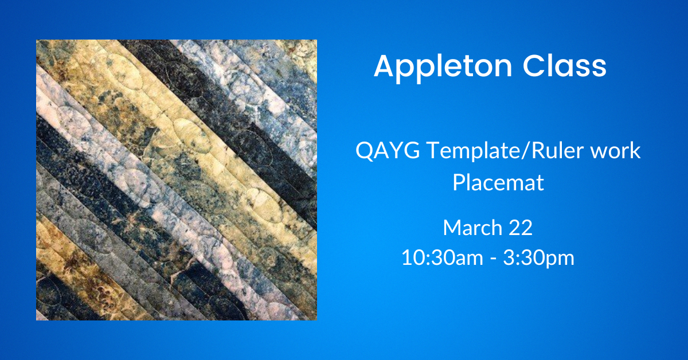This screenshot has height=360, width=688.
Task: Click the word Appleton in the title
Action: (x=443, y=68)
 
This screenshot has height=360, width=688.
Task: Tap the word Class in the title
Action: (x=565, y=66)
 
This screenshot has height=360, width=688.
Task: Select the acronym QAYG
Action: (x=388, y=151)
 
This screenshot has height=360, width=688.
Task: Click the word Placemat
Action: (x=498, y=182)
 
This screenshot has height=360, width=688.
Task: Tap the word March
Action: (x=472, y=228)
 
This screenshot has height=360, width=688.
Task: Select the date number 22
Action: (x=521, y=228)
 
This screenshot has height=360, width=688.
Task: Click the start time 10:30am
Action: (x=442, y=257)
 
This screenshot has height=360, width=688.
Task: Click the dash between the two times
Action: (x=493, y=260)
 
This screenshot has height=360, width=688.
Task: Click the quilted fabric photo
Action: (x=177, y=180)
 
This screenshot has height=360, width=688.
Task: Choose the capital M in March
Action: (x=452, y=228)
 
